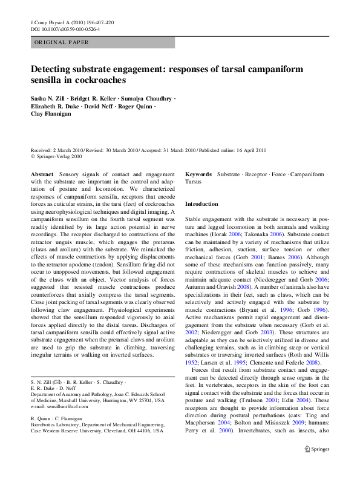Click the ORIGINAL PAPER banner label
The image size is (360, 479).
(62, 42)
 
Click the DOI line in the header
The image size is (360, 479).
(65, 28)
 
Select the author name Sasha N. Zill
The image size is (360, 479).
(50, 98)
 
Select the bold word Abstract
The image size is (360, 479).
(42, 174)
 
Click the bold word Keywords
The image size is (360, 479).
(198, 174)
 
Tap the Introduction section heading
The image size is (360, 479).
(201, 204)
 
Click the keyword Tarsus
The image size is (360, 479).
(193, 181)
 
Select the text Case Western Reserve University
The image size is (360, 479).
(65, 431)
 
